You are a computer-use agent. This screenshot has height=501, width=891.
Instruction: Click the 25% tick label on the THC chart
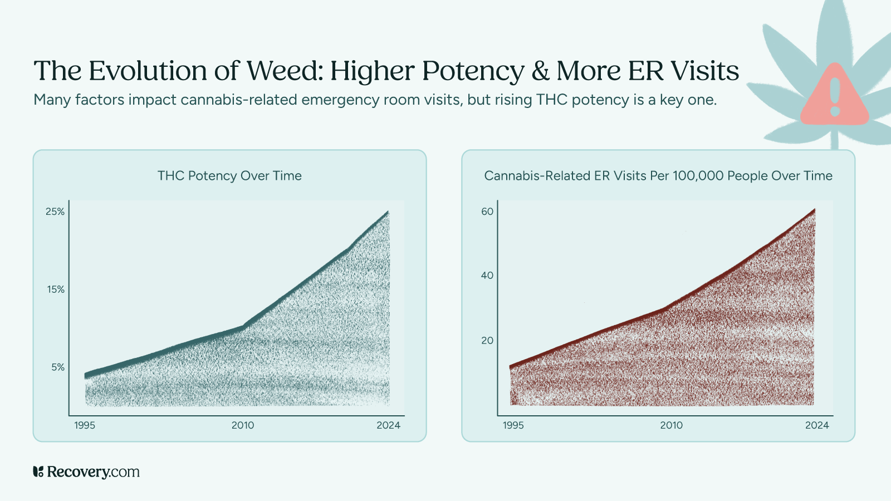pos(55,212)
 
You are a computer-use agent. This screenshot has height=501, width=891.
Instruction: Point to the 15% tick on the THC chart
pos(55,289)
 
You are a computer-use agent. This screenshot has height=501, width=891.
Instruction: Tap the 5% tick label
pos(58,367)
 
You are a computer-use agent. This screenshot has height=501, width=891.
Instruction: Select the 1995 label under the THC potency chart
pos(85,425)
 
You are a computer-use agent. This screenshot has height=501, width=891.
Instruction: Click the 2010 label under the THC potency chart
pos(243,425)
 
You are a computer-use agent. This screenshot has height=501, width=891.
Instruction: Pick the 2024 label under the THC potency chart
pos(388,425)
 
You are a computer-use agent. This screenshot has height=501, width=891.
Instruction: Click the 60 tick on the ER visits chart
pos(487,212)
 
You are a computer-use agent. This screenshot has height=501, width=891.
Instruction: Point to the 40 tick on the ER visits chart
pos(487,276)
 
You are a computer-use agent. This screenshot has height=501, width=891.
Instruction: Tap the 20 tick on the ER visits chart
pos(487,341)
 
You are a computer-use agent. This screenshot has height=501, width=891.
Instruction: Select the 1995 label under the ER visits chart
pos(513,425)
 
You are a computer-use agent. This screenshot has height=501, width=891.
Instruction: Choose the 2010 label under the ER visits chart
pos(671,425)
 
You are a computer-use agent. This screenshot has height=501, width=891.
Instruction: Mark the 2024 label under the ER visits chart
pos(817,425)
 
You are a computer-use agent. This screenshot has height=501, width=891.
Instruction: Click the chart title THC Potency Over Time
pos(229,176)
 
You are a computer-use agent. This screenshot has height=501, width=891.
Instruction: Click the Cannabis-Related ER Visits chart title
pos(658,176)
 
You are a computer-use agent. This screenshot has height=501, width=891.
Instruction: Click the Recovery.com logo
pos(86,472)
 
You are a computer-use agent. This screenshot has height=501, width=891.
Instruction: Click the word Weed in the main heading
pos(283,71)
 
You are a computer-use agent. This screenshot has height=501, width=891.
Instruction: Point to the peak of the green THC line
pos(388,212)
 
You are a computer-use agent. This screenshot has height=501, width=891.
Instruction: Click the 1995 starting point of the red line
pos(511,366)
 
